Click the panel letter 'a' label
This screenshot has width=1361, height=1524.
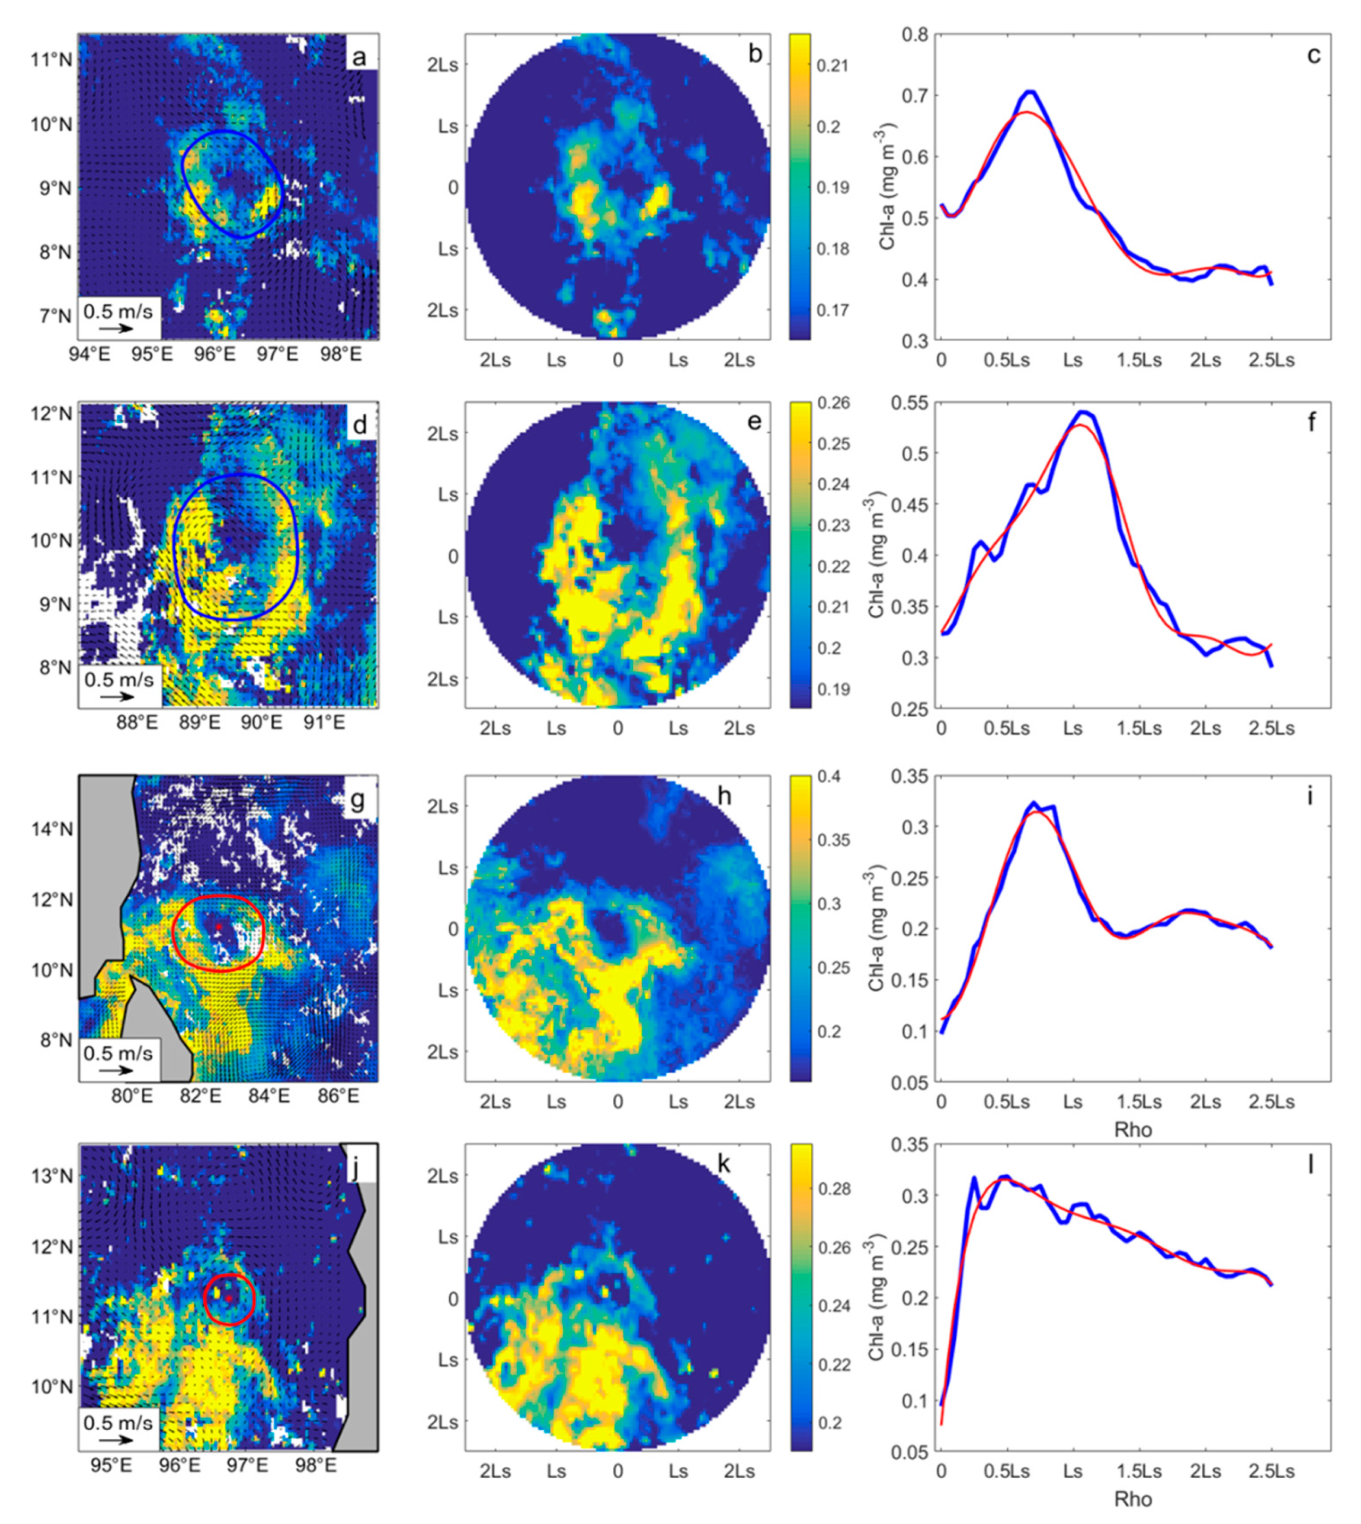point(360,57)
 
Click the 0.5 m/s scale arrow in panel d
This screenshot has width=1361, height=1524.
point(117,696)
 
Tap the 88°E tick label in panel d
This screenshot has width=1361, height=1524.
point(137,723)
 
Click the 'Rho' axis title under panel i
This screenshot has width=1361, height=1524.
point(1133,1129)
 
